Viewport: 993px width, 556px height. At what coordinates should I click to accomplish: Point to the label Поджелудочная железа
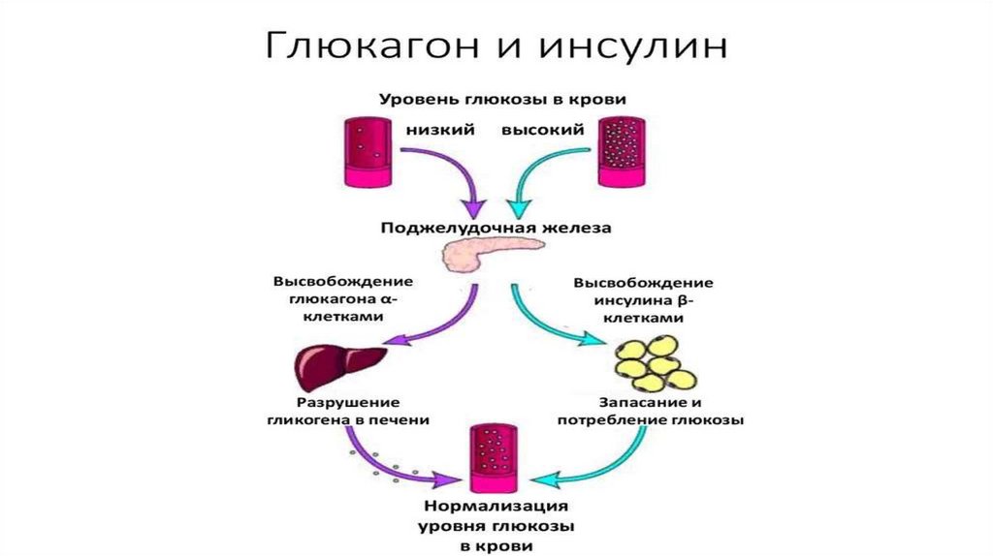(x=496, y=229)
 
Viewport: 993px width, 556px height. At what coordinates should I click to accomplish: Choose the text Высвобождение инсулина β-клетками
(x=643, y=300)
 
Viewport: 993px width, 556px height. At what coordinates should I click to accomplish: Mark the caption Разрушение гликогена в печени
(x=348, y=411)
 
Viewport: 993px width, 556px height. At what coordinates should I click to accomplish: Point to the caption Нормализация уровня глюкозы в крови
(x=496, y=526)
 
